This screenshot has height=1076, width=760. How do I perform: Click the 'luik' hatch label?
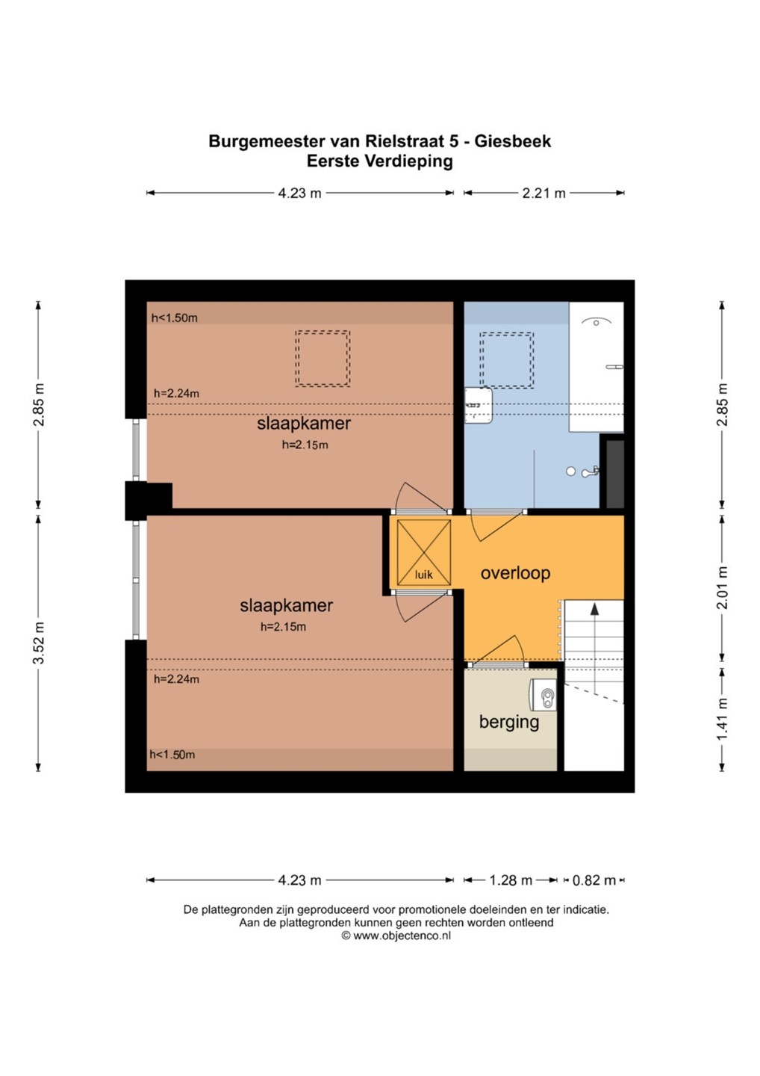pyautogui.click(x=423, y=575)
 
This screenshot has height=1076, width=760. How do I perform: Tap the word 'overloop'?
pyautogui.click(x=515, y=573)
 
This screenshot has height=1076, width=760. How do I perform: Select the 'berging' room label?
pyautogui.click(x=509, y=722)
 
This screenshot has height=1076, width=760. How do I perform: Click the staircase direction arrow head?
pyautogui.click(x=594, y=608)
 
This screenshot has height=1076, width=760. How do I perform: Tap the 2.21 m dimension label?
pyautogui.click(x=543, y=193)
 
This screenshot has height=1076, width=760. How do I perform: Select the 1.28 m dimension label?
pyautogui.click(x=511, y=880)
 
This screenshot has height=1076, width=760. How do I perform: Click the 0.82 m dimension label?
pyautogui.click(x=594, y=880)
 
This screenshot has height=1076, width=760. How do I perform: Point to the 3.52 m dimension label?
pyautogui.click(x=38, y=643)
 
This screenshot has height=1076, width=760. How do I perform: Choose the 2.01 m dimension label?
pyautogui.click(x=722, y=587)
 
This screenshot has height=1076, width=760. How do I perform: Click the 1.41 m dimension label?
pyautogui.click(x=722, y=719)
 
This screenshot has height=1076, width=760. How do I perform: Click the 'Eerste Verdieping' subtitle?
pyautogui.click(x=379, y=161)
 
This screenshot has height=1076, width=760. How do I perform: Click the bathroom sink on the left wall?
pyautogui.click(x=479, y=406)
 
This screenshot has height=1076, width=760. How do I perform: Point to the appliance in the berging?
pyautogui.click(x=543, y=696)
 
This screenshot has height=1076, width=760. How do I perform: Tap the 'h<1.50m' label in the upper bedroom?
pyautogui.click(x=174, y=318)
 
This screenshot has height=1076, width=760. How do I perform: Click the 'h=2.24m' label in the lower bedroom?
pyautogui.click(x=176, y=679)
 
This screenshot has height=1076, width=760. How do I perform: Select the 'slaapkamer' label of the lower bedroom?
pyautogui.click(x=287, y=605)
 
